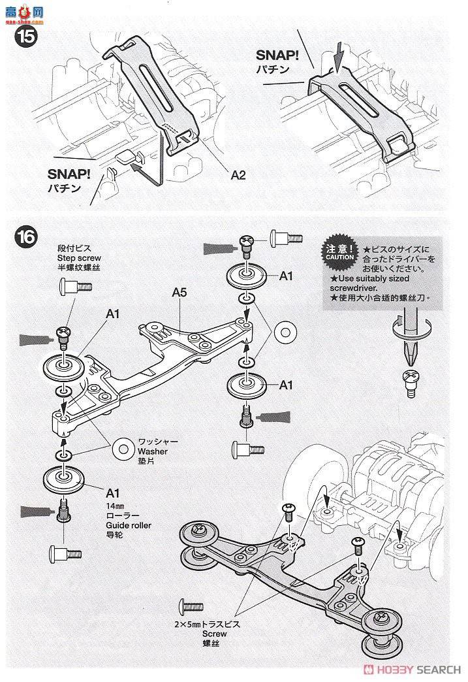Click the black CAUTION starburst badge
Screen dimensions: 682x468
click(x=339, y=252)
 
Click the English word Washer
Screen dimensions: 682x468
click(x=153, y=451)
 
